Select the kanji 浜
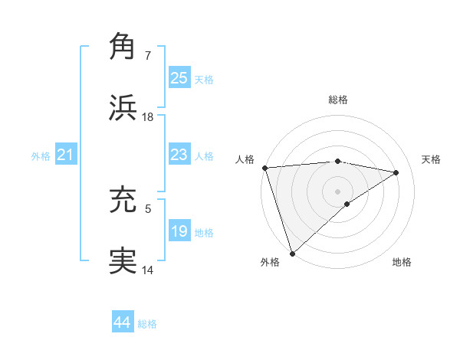[x=123, y=107]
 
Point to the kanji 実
[x=123, y=261]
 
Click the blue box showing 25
[x=179, y=78]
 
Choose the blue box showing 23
[x=179, y=155]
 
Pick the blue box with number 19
[x=179, y=231]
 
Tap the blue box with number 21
[x=65, y=155]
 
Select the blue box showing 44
[x=123, y=323]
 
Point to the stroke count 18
[x=148, y=117]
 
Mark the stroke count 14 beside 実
[x=148, y=270]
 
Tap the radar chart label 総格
[x=338, y=100]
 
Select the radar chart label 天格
[x=432, y=159]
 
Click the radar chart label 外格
[x=270, y=262]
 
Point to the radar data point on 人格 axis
[x=264, y=168]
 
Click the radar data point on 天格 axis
[x=396, y=172]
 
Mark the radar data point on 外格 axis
[x=292, y=253]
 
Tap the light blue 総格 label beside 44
[x=147, y=324]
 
